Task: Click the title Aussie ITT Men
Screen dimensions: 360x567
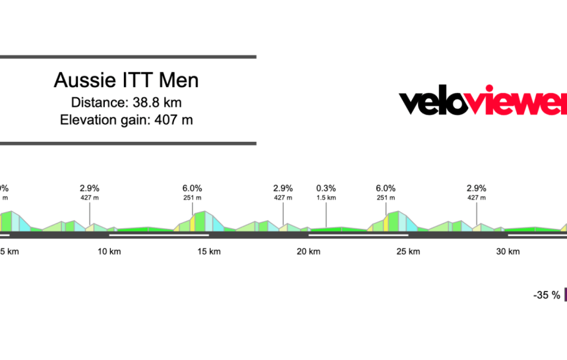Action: [x=126, y=81]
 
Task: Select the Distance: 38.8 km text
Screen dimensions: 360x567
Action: [x=126, y=103]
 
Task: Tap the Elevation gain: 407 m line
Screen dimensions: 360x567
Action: [x=126, y=119]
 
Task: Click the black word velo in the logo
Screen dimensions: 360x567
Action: [x=438, y=102]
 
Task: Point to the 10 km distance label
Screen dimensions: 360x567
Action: [x=109, y=251]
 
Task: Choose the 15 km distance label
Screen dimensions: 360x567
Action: [x=209, y=251]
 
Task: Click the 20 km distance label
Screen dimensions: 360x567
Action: [x=309, y=251]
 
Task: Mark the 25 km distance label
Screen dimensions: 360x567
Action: [x=408, y=251]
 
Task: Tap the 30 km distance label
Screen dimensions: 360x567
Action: [x=508, y=251]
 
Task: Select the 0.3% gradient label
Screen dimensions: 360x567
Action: [x=326, y=188]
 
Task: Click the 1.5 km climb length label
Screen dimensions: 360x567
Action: [x=326, y=197]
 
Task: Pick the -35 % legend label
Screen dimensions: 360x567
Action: [x=547, y=295]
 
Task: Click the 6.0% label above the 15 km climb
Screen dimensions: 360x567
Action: [x=192, y=188]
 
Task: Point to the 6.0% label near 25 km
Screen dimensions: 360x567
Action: [x=385, y=188]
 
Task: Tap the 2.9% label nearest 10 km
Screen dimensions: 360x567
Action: [x=90, y=188]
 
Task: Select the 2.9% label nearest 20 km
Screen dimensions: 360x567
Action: [x=283, y=188]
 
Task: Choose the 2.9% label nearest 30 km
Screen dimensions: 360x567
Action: [x=476, y=188]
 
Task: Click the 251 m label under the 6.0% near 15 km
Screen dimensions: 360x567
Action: [x=192, y=197]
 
